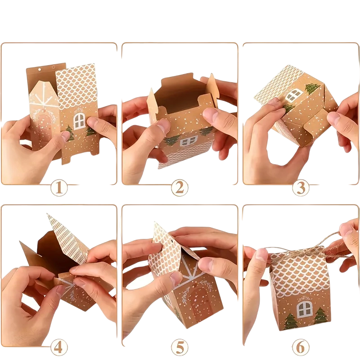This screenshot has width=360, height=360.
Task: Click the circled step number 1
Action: click(x=59, y=188)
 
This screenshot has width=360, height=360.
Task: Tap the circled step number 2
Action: click(x=180, y=188)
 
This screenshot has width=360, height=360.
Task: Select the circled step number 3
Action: click(x=301, y=188)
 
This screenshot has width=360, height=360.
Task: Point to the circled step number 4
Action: click(x=59, y=347)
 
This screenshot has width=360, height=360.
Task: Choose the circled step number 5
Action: click(x=180, y=347)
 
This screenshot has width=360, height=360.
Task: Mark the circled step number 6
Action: click(x=301, y=347)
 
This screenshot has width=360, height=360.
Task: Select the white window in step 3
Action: click(x=294, y=95)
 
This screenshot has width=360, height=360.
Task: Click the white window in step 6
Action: click(x=305, y=310)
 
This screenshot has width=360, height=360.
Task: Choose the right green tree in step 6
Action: click(x=321, y=315)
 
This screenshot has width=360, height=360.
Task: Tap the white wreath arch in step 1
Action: click(x=44, y=114)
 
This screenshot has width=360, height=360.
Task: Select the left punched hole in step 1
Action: click(x=40, y=69)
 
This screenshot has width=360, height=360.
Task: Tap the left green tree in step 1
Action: click(x=70, y=133)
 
